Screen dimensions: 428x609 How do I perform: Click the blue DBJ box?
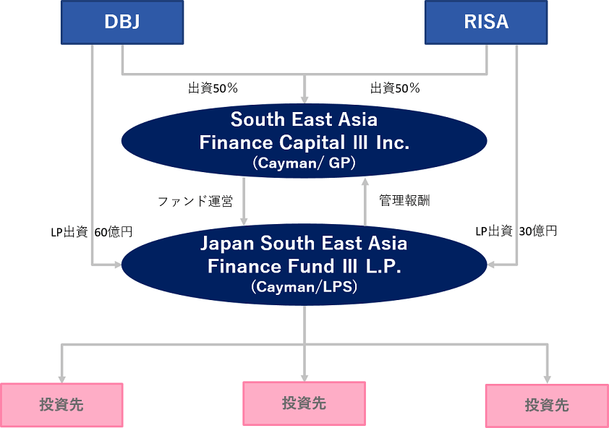[121, 22]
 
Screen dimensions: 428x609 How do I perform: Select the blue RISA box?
[486, 22]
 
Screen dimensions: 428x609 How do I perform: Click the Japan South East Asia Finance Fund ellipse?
[304, 264]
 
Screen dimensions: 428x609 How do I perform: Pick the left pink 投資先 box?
[61, 404]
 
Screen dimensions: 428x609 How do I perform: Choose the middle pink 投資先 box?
[304, 403]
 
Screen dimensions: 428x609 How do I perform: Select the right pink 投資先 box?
[547, 405]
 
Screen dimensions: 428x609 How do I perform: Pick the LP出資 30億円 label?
[516, 232]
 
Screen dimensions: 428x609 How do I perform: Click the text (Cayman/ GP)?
[304, 163]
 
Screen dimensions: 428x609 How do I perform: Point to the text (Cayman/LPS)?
[304, 287]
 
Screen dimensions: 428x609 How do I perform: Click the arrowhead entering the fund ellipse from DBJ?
[116, 265]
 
